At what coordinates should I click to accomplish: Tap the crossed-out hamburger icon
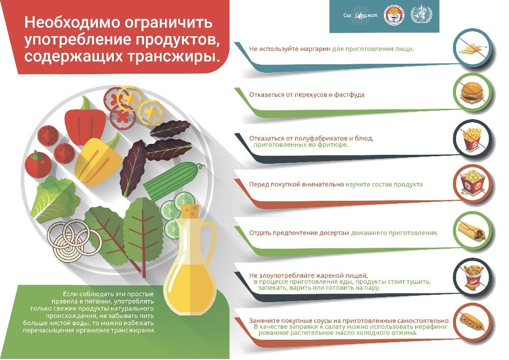pos(472,93)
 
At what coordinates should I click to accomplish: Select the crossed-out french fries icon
pos(473,139)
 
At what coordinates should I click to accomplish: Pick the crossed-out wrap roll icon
pos(472,231)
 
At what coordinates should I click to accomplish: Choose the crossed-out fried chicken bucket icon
pos(473,277)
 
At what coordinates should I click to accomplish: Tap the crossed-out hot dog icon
pos(473,323)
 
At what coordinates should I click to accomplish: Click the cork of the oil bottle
pos(190,211)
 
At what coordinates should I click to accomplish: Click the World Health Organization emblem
pos(421,15)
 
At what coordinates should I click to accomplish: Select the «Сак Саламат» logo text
pos(360,15)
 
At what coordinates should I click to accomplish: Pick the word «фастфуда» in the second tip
pos(349,95)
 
